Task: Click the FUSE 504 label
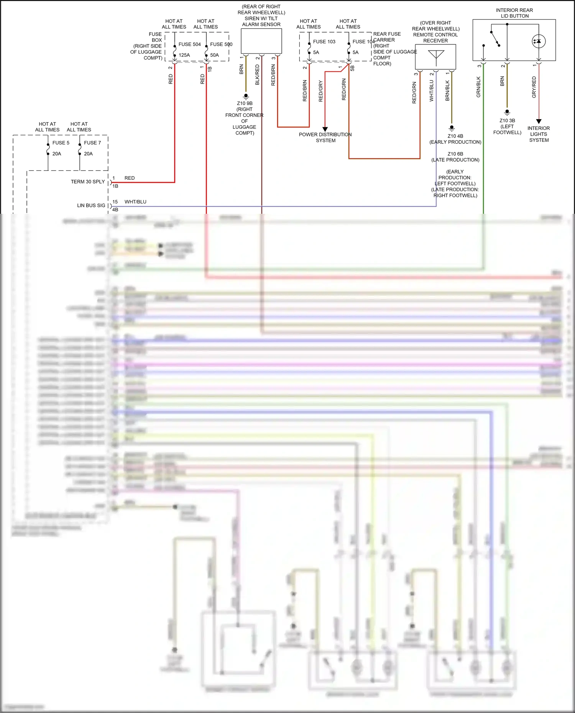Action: (189, 44)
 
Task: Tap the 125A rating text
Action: (184, 55)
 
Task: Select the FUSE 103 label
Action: (324, 42)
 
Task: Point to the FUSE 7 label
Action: (92, 143)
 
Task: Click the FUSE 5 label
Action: (61, 143)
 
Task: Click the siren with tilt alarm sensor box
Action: (261, 41)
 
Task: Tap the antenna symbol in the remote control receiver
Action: (436, 56)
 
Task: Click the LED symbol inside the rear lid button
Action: (539, 41)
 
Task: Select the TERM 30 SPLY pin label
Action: (88, 182)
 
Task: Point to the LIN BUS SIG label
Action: (91, 205)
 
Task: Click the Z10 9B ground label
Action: (245, 103)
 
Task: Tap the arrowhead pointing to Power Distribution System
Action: (325, 129)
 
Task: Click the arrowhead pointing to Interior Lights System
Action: (539, 121)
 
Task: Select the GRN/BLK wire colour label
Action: (478, 87)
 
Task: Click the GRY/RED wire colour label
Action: (534, 87)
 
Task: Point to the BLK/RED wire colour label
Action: (257, 75)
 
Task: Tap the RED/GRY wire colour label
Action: (320, 91)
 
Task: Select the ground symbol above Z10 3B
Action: (507, 112)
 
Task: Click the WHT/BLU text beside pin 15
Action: (135, 202)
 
